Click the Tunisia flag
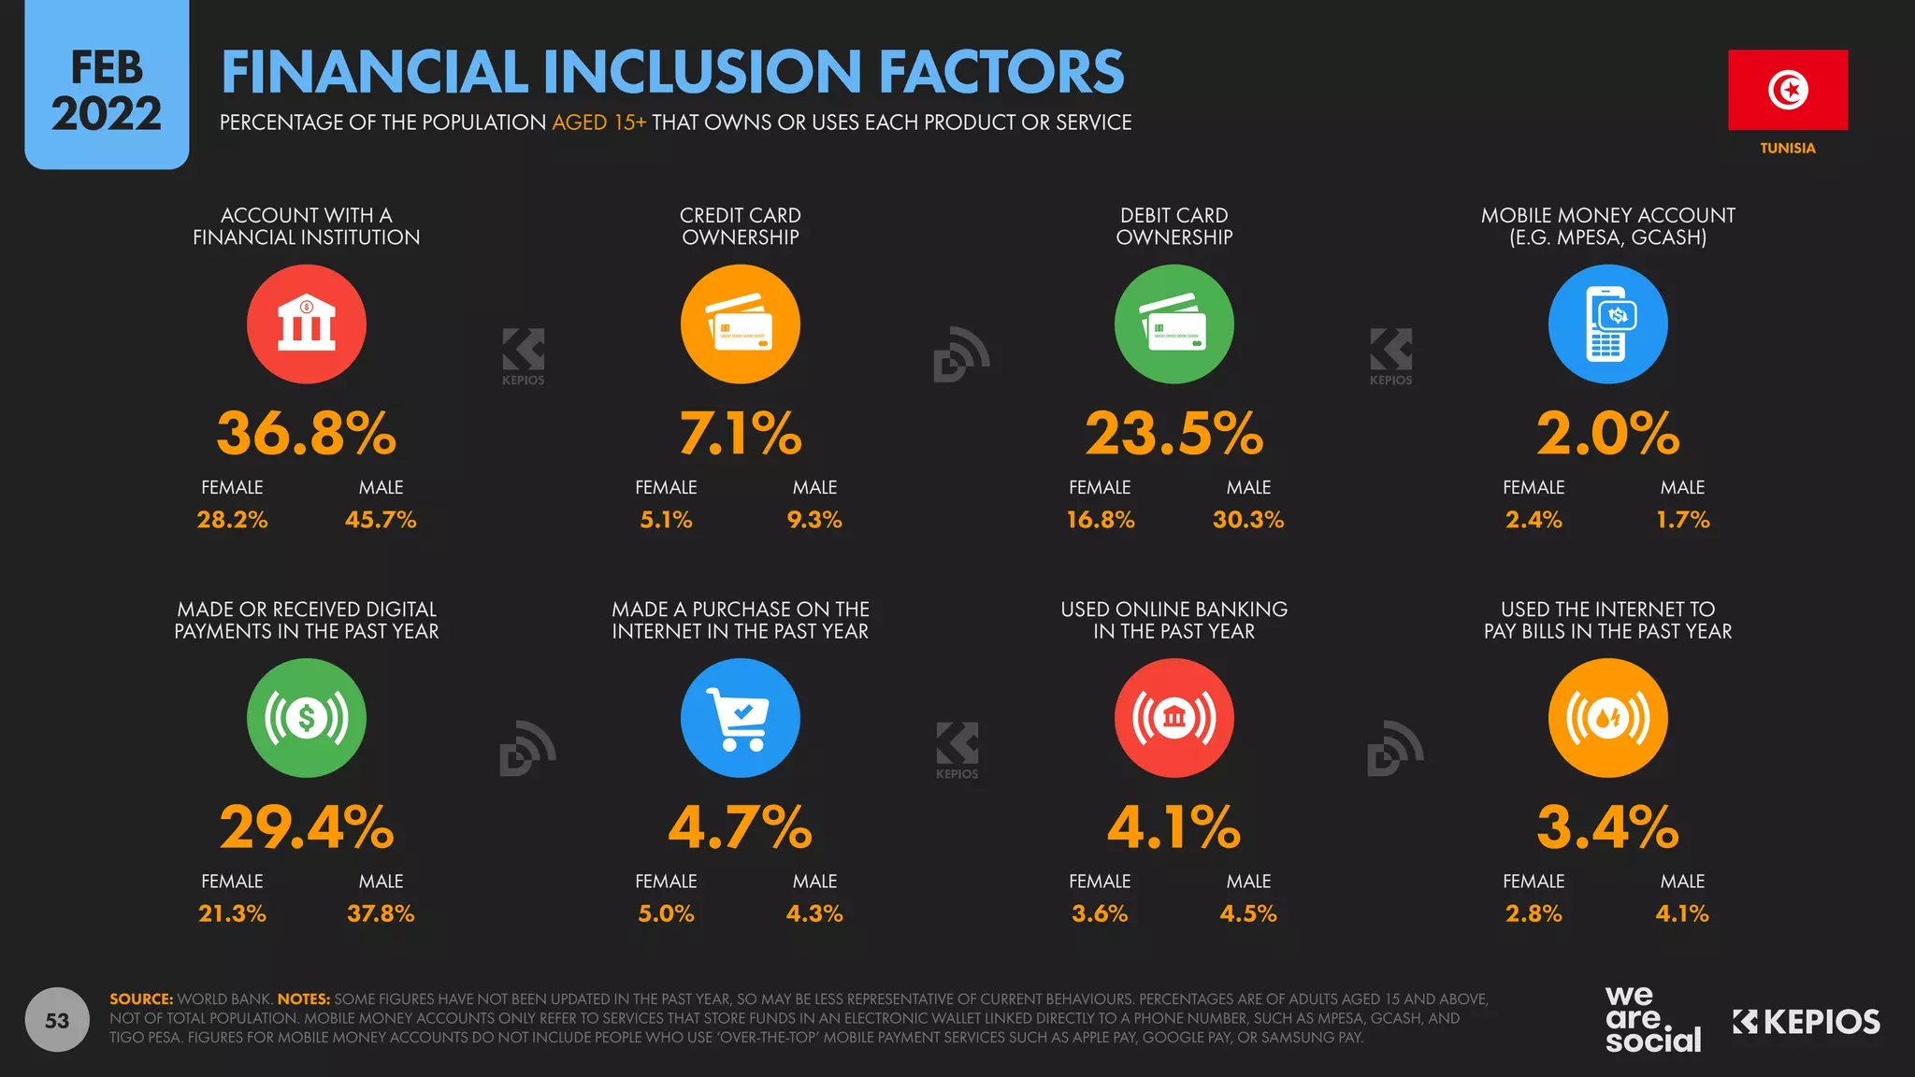[1787, 90]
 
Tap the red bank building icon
[306, 323]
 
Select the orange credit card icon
[740, 323]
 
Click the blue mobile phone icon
[1607, 323]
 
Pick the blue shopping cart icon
[740, 718]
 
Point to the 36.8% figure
[306, 434]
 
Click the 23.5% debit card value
[1173, 434]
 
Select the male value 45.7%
[381, 519]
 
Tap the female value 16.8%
[1100, 519]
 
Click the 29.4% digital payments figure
[306, 827]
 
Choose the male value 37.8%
[381, 913]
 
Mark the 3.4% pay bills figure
[1607, 827]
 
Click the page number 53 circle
[57, 1020]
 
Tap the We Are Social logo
[1652, 1020]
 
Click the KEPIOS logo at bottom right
[1806, 1022]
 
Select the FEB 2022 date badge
[107, 90]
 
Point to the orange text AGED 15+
[598, 122]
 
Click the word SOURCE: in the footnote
[141, 998]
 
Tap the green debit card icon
[1173, 323]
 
